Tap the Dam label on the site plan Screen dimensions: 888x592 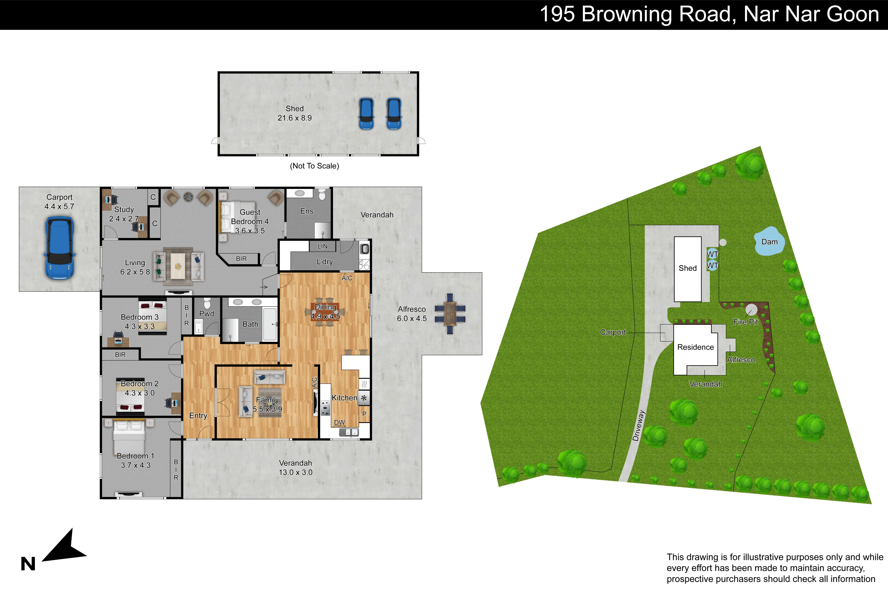(769, 242)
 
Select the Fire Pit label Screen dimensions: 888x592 (746, 322)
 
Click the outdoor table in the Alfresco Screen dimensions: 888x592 (450, 314)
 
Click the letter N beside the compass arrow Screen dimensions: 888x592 (28, 564)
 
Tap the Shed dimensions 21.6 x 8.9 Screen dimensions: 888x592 (295, 118)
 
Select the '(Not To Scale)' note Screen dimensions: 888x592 (314, 166)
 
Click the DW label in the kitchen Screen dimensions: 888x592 (340, 422)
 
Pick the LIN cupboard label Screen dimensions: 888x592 (322, 247)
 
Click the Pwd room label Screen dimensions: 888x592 (207, 314)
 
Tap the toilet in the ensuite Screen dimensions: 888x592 (322, 194)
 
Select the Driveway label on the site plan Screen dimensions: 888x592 (638, 426)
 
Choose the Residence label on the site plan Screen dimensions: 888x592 (695, 347)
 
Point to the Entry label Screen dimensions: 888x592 (198, 416)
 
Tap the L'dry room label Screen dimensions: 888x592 (325, 262)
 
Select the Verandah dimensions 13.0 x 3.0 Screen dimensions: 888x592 (296, 472)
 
